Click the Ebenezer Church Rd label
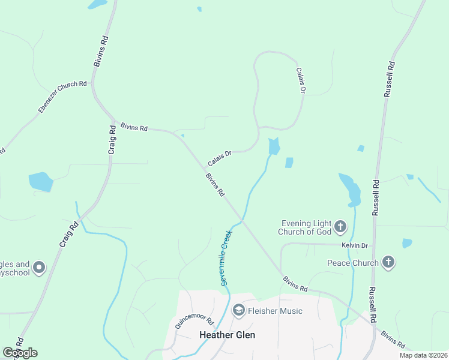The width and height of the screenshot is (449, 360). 62,97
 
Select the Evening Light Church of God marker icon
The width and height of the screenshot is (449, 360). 340,227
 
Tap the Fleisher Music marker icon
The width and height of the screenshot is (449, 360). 238,310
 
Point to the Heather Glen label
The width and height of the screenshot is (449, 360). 227,335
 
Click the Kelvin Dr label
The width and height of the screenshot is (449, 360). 355,246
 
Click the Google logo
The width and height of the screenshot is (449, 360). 20,353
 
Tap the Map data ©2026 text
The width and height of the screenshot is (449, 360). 423,355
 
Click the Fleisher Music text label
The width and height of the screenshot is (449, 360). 275,311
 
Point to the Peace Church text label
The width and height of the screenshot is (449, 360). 352,263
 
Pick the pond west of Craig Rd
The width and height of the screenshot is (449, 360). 41,181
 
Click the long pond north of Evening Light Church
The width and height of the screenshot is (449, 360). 351,189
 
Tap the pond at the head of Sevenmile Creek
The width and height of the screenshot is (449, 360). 274,146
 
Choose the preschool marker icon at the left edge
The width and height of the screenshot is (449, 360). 40,268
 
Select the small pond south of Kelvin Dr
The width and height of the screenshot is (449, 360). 407,243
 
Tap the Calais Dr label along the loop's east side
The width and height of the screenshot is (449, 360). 301,80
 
